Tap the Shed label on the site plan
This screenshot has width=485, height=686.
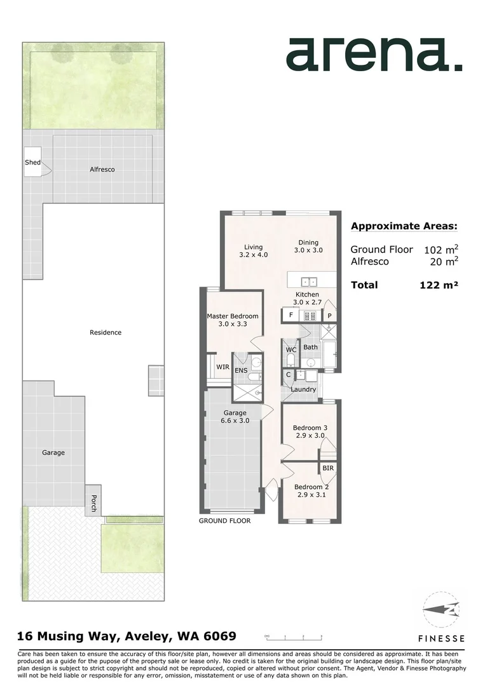tap(32, 163)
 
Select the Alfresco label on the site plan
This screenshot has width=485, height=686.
tap(102, 170)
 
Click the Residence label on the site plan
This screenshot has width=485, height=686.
tap(106, 332)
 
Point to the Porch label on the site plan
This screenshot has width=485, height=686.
tap(93, 503)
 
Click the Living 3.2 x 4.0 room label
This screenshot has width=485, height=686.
tap(254, 251)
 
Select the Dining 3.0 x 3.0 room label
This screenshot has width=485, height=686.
tap(308, 246)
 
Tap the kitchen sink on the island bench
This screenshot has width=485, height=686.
tap(309, 281)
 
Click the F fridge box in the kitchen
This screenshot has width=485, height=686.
tap(291, 315)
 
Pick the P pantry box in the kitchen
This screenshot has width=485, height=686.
tap(330, 315)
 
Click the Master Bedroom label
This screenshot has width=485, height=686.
tap(233, 319)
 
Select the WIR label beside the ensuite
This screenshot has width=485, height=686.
tap(222, 367)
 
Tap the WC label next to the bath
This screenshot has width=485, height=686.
tap(290, 350)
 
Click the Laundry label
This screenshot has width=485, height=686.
tap(303, 389)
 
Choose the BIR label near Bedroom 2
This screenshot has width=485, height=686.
tap(328, 468)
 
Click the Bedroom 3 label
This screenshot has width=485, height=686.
tap(309, 432)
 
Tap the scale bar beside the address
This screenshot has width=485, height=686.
tap(294, 636)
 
